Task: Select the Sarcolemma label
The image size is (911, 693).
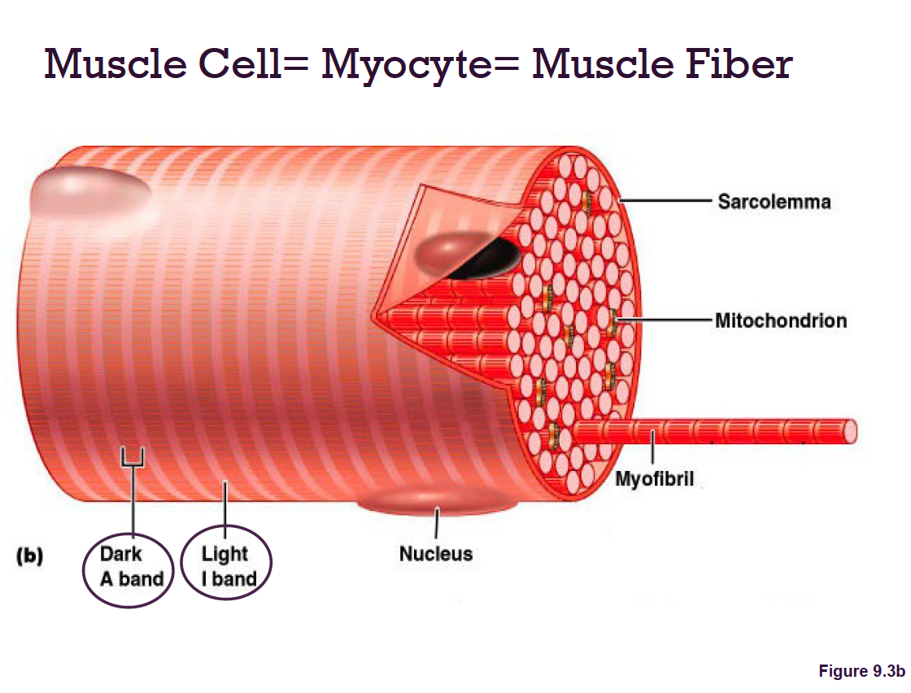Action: [774, 201]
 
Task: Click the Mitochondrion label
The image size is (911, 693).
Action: [780, 320]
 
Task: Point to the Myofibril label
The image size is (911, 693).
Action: [654, 479]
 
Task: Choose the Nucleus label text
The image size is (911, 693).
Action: [435, 555]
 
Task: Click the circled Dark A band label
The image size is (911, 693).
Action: [130, 566]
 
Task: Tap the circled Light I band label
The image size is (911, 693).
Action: [227, 566]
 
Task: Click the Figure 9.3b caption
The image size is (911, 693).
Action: [861, 671]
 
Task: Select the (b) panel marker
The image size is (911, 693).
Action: [30, 556]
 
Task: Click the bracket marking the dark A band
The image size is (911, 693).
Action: [133, 460]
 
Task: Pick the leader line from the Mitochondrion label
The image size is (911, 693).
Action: [663, 320]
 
